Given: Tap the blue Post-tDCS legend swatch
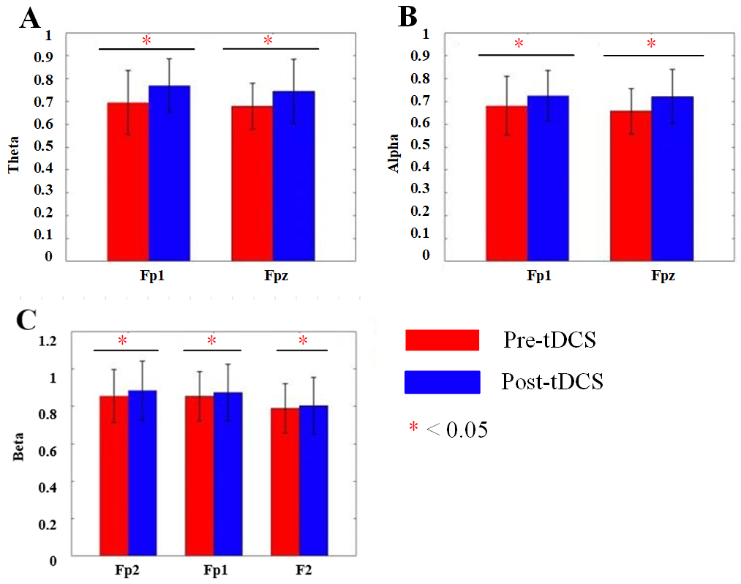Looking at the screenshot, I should [x=442, y=382].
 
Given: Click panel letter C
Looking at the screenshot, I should [x=27, y=320].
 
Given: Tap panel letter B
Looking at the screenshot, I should [x=407, y=18].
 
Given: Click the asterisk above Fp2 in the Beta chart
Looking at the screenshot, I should [x=123, y=340].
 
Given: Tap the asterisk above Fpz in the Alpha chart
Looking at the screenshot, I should [x=651, y=44].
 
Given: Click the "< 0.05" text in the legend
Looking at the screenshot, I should [x=456, y=429].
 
